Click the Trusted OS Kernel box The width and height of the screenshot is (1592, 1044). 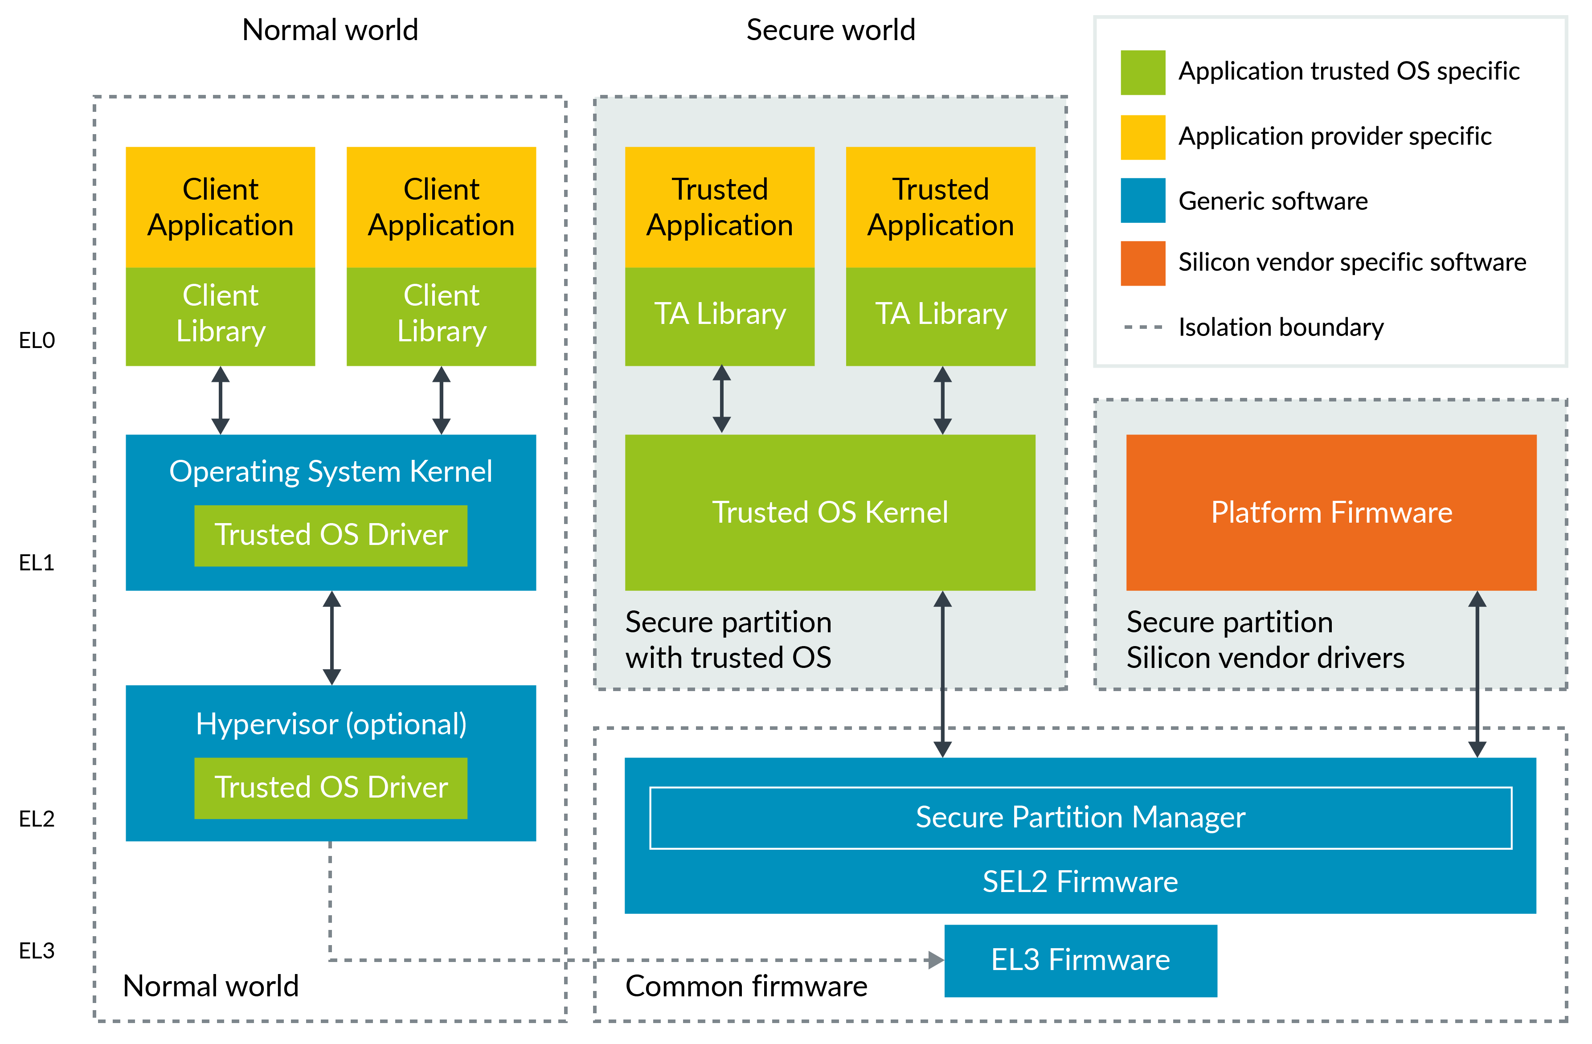[830, 512]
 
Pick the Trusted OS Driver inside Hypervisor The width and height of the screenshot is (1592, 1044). [331, 787]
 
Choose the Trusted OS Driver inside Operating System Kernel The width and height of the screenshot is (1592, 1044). [331, 535]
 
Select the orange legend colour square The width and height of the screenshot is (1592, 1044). [1142, 263]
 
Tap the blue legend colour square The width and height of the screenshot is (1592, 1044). [1142, 200]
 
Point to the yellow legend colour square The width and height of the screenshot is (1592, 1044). [1142, 137]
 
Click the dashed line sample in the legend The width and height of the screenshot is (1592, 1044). [1142, 327]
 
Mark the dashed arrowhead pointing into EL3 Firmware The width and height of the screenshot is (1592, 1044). [936, 960]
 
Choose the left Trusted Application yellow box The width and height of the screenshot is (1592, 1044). [719, 207]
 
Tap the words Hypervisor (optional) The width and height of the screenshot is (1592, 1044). [331, 725]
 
